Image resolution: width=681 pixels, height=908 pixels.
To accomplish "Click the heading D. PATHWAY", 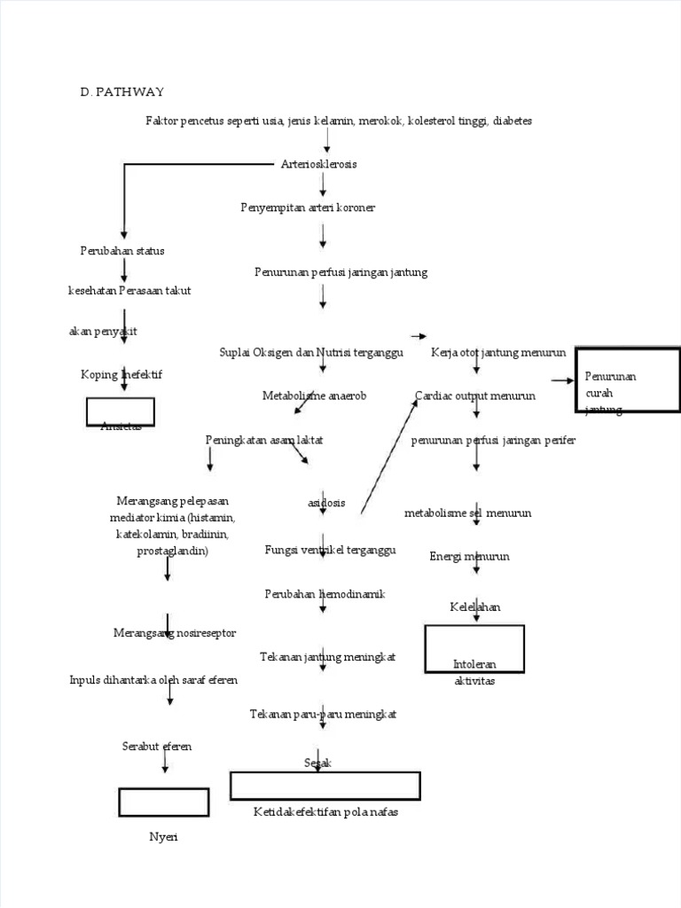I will (121, 92).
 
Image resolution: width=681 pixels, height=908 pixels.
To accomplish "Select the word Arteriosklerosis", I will (319, 164).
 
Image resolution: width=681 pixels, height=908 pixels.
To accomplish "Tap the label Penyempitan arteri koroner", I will (308, 207).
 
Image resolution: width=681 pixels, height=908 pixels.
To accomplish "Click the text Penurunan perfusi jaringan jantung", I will (340, 272).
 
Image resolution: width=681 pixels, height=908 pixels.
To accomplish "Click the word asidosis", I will (326, 503).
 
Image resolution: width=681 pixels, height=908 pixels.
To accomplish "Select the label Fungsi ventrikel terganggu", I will (330, 550).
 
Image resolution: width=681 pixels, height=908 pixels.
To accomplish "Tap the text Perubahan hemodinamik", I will (325, 593).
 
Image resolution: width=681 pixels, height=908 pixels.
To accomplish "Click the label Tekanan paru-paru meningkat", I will (323, 714).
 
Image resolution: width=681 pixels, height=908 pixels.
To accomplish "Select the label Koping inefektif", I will (121, 374).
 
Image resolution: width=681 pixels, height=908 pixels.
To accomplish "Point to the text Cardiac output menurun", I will (475, 395).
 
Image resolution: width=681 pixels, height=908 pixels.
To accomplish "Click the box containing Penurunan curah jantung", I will (628, 380).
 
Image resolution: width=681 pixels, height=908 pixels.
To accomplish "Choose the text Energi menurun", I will (469, 557).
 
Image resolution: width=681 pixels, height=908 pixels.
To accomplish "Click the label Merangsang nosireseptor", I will (166, 633).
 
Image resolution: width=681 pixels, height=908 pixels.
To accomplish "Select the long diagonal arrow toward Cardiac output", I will (388, 456).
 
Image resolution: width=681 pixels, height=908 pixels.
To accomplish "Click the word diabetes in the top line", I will (513, 121).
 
